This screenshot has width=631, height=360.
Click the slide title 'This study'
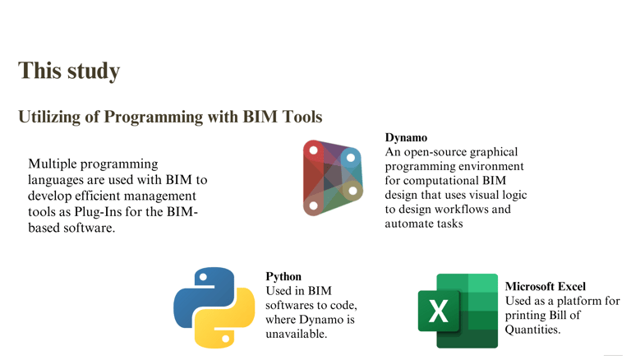coord(69,71)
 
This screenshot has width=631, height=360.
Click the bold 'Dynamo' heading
coord(406,138)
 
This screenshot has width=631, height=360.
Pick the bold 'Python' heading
coord(283,277)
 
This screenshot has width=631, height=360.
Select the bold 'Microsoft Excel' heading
coord(545,286)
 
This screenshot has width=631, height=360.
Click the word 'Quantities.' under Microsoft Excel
coord(532,330)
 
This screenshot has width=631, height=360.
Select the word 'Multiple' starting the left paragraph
coord(54,164)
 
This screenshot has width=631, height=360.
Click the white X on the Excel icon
coord(439,312)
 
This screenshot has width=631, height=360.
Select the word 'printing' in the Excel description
coord(527,316)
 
